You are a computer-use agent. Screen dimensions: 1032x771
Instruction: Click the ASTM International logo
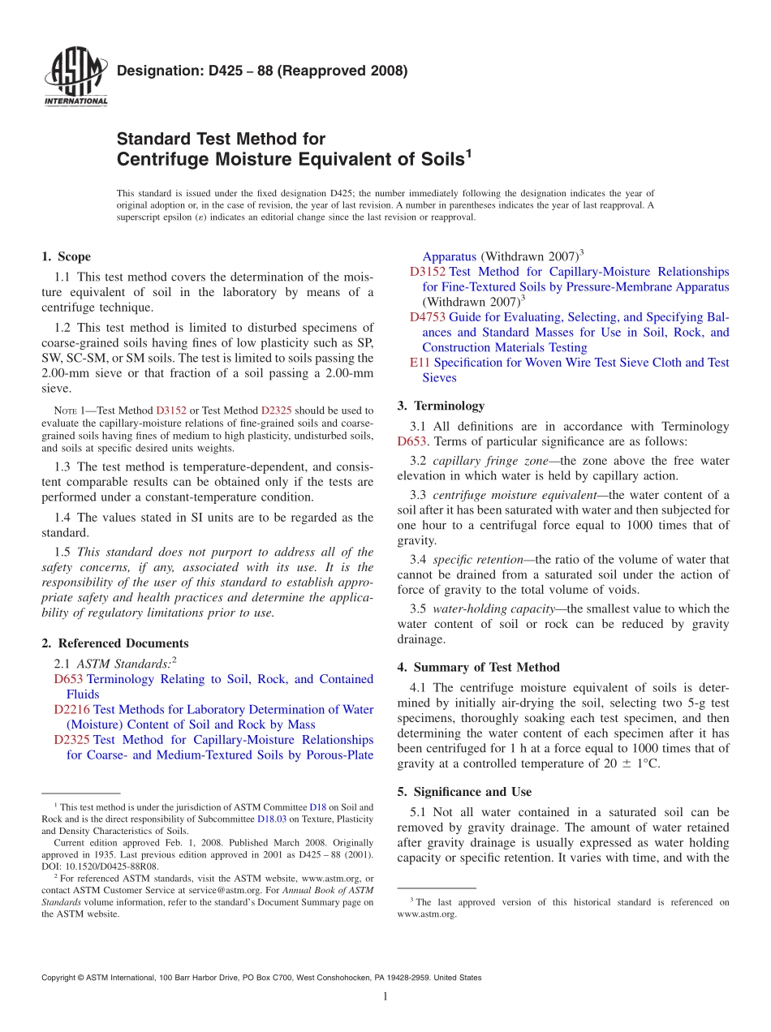[75, 78]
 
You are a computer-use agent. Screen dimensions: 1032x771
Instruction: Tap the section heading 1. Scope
[66, 256]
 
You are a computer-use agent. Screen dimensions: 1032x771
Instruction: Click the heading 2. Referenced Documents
[114, 643]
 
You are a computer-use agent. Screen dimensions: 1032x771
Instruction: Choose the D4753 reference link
[428, 317]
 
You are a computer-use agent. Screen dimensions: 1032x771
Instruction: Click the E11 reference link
[420, 363]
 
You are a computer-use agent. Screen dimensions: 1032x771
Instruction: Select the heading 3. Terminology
[441, 406]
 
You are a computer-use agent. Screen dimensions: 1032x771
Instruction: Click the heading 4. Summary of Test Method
[478, 667]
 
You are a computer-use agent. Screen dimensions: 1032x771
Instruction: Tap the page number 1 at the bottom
[385, 996]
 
